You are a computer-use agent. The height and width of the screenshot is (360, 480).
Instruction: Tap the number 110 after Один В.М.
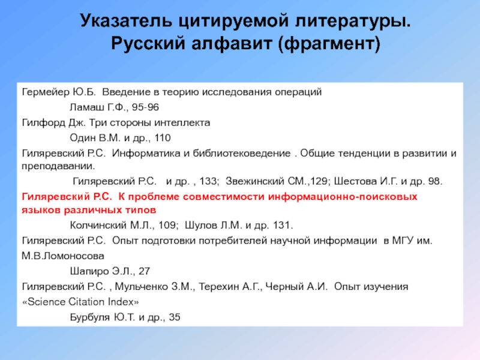click(x=152, y=137)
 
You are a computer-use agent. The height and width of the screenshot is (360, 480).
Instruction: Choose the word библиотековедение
click(x=245, y=152)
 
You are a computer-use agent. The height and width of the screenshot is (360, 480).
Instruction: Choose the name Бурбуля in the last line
click(x=90, y=317)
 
